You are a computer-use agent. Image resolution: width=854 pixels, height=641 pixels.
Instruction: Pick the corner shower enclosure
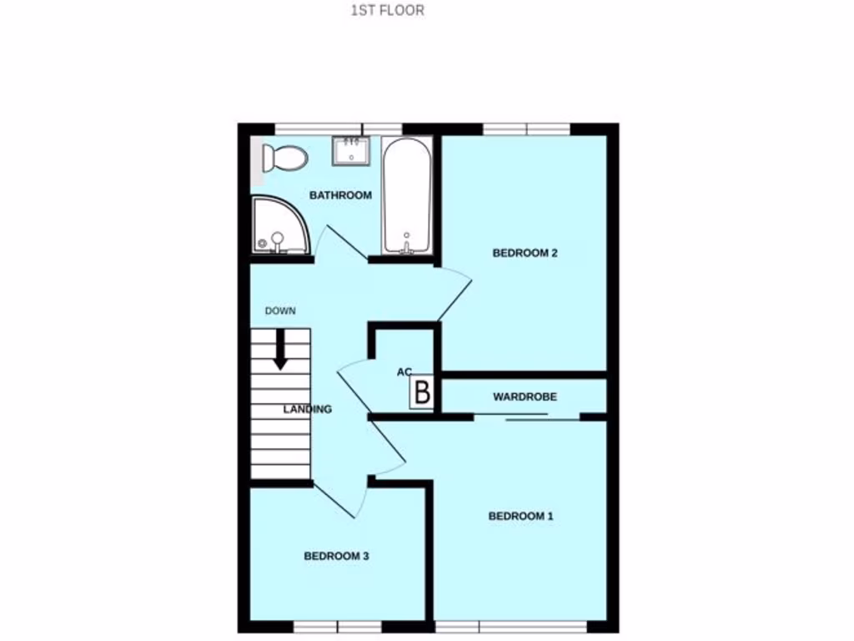278,226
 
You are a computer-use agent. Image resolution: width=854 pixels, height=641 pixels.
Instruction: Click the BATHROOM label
340,195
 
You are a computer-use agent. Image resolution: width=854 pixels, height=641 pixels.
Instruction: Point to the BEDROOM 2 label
525,253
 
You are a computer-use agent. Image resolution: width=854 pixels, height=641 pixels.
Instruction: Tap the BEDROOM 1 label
520,516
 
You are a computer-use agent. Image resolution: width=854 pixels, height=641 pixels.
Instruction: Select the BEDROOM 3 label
336,556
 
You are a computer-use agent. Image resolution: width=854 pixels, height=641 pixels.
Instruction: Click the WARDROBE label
525,396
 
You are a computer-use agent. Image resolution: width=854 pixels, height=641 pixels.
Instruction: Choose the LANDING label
308,409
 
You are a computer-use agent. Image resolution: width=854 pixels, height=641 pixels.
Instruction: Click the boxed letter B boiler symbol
423,391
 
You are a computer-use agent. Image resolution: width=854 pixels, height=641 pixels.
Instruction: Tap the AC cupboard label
404,372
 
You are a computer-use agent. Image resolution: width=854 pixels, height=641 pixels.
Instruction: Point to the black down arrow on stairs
280,349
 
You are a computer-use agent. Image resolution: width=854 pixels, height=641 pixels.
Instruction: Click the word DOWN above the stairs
280,310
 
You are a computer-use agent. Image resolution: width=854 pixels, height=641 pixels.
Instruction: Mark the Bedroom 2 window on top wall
526,129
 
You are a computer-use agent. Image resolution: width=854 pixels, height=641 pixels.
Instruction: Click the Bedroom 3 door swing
342,497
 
